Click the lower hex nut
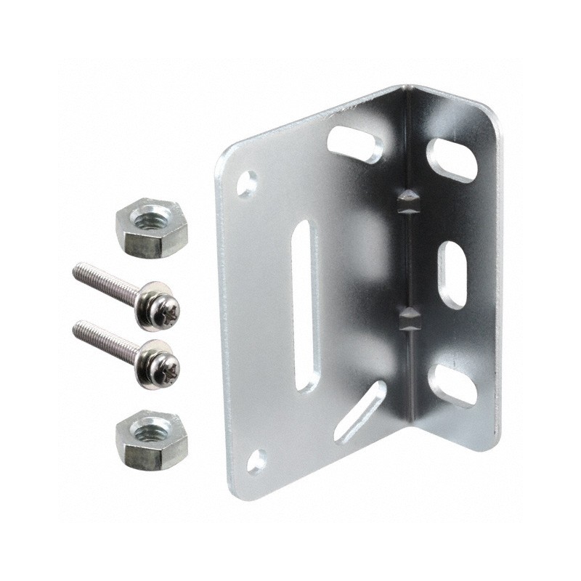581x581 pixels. (x=151, y=439)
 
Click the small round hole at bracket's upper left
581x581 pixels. (x=247, y=182)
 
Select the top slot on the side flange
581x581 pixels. (x=451, y=159)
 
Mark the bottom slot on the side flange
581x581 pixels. (x=452, y=384)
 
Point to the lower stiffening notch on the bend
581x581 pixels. (x=408, y=319)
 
